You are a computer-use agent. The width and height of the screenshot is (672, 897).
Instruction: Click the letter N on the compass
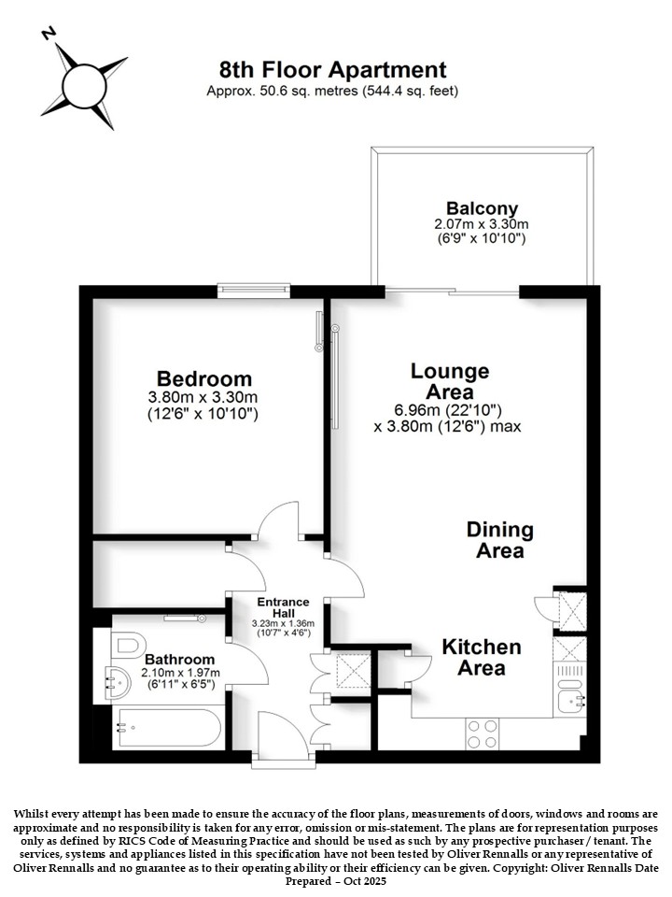click(49, 34)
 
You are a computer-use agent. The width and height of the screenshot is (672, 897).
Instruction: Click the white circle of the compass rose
click(84, 87)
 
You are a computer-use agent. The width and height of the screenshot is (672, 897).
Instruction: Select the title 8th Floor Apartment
click(332, 70)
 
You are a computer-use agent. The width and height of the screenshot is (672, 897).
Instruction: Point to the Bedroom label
click(204, 378)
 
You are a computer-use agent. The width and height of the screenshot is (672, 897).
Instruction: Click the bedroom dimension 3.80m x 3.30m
click(203, 397)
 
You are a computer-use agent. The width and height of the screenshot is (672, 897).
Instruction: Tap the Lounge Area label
click(450, 381)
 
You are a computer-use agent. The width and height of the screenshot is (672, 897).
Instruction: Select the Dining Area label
click(500, 540)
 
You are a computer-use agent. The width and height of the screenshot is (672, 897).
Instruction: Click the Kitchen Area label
click(482, 657)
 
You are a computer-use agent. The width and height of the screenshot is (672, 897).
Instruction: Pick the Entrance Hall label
click(283, 607)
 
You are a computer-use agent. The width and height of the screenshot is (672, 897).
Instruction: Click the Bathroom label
click(179, 660)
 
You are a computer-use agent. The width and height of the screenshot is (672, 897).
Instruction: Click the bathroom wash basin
click(117, 682)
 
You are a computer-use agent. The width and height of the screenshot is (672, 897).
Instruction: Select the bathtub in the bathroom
click(167, 728)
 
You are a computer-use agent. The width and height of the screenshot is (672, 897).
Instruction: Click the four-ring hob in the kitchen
click(482, 734)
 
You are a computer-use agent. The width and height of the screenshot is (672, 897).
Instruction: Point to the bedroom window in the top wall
click(254, 292)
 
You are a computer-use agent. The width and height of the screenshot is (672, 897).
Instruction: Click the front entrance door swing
click(283, 733)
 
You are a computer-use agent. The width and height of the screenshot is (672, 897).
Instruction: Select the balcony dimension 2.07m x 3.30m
click(482, 224)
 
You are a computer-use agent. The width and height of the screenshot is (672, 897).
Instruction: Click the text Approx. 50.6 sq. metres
click(282, 91)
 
